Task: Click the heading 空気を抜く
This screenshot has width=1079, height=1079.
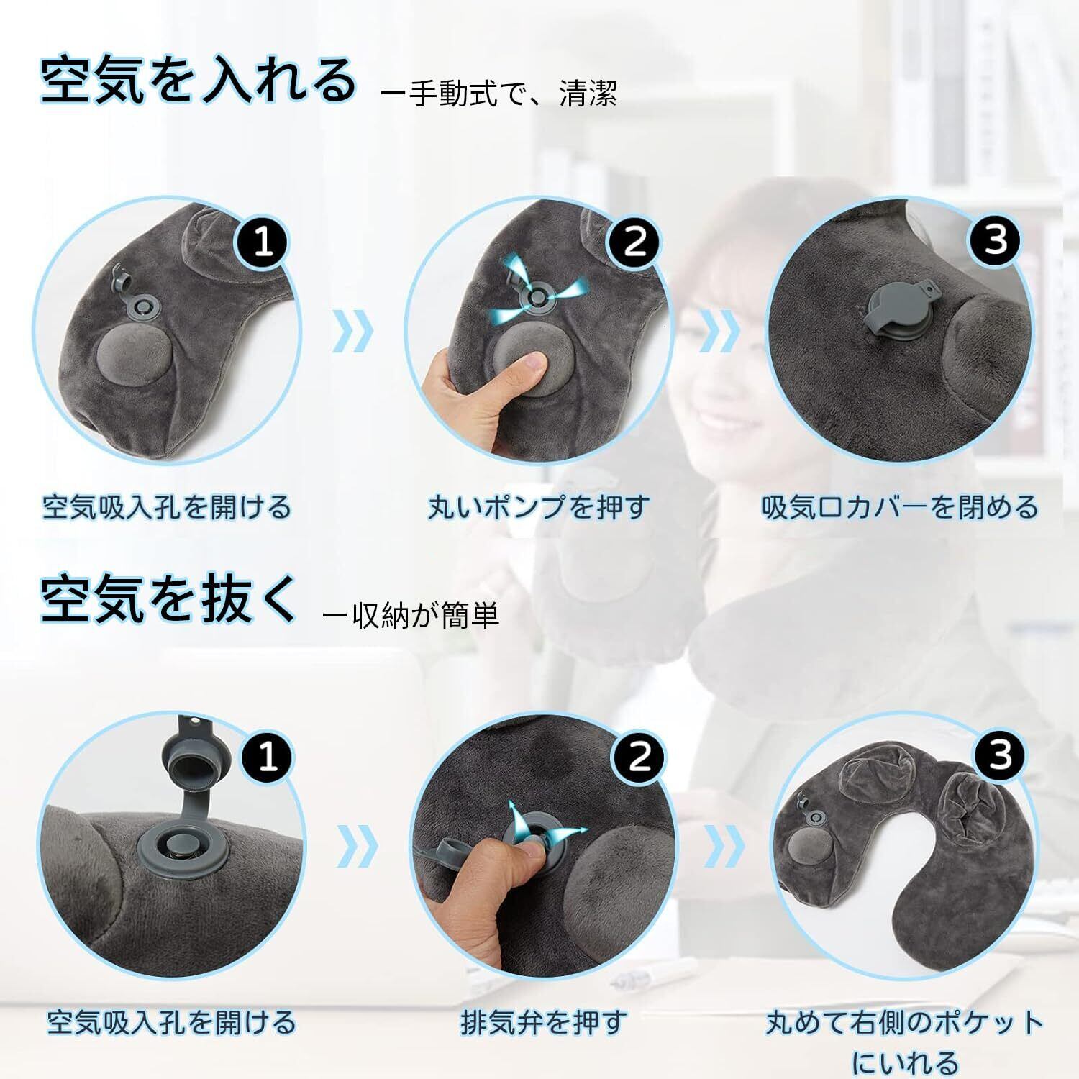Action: click(168, 598)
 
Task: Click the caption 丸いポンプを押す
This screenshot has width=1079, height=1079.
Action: click(538, 507)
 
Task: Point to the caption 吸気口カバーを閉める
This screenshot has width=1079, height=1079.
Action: click(900, 507)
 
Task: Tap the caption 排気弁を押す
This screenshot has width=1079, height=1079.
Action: click(544, 1022)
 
